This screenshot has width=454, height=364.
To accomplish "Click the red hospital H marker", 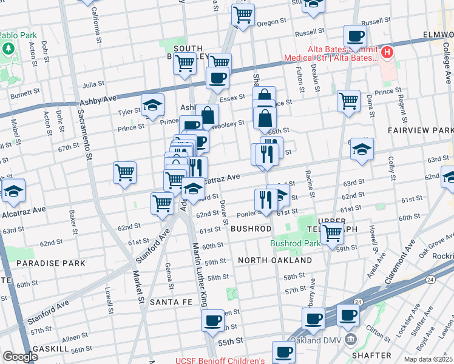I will coord(386,52).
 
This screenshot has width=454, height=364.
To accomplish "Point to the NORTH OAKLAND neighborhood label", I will coord(275,260).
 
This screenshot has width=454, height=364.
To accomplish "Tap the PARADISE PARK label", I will coord(42,263).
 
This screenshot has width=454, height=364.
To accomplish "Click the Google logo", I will coord(20,357).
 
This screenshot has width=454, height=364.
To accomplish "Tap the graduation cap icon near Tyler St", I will coord(153,106).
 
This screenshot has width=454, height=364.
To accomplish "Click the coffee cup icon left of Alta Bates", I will coord(355,36).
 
